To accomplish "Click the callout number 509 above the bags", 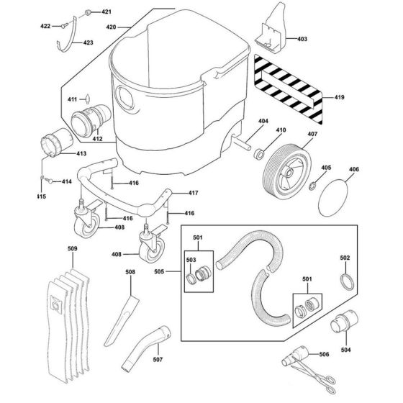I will point(71,250).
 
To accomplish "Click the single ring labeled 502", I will point(345,281).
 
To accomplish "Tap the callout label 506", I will point(344,355).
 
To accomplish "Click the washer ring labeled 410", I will point(261,152).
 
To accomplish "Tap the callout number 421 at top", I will point(107,12).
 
